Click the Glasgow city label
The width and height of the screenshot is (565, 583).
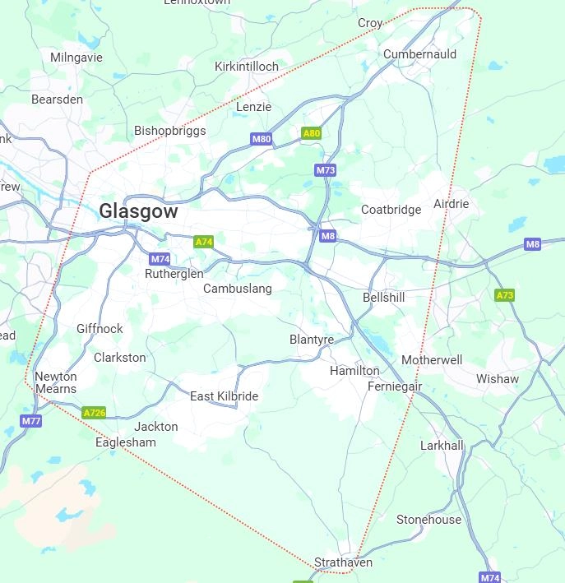tap(138, 211)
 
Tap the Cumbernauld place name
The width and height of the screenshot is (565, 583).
tap(419, 54)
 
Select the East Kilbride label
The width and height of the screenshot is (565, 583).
tap(224, 396)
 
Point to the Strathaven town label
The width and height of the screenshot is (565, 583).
tap(343, 562)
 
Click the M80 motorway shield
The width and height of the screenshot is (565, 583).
tap(262, 139)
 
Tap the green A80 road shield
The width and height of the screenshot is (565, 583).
tap(311, 133)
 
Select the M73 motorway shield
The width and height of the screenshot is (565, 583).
tap(326, 170)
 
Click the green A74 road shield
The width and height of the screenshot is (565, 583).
tap(203, 242)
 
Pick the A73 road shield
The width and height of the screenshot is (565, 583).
tap(504, 295)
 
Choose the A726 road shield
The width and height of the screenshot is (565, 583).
tap(95, 413)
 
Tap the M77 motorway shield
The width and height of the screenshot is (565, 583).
tap(31, 421)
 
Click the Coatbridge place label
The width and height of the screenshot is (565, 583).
tap(391, 210)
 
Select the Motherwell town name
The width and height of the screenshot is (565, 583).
tap(432, 360)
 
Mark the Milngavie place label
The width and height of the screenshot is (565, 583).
tap(76, 58)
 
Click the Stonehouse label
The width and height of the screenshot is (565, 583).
tap(428, 520)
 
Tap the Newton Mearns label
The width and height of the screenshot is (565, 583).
tap(56, 383)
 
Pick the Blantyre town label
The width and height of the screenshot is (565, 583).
tap(312, 340)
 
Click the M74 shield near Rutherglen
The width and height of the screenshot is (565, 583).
tap(160, 259)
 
